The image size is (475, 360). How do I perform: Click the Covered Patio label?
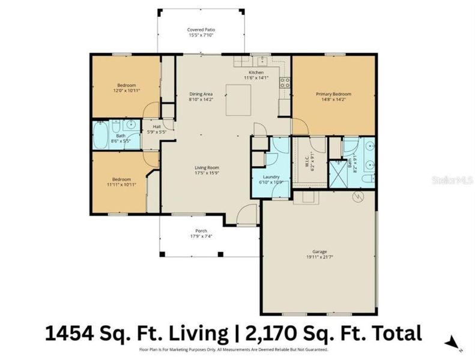201,29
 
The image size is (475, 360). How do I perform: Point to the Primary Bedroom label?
333,94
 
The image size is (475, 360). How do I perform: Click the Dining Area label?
201,94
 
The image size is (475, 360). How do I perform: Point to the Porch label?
201,230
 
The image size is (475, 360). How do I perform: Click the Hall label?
156,127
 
